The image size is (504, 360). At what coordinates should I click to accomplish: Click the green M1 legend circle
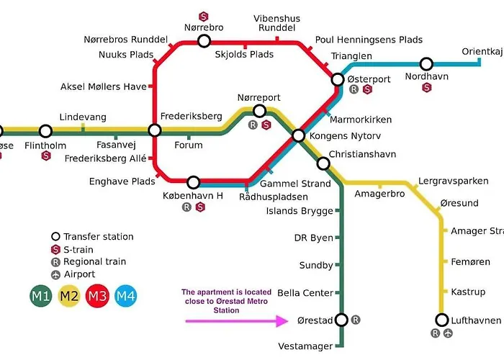(41, 296)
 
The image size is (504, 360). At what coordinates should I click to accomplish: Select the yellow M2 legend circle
(70, 296)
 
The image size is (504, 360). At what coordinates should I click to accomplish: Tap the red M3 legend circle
(98, 296)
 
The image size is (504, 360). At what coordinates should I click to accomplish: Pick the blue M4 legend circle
(126, 296)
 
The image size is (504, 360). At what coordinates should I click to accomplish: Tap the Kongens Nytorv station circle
(298, 135)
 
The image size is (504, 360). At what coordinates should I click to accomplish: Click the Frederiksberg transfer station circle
(154, 130)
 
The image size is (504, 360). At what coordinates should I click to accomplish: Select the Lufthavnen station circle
(442, 320)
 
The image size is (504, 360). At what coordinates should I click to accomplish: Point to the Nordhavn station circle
(427, 64)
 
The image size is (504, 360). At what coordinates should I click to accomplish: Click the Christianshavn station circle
(323, 163)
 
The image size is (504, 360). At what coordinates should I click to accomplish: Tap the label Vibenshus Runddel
(277, 24)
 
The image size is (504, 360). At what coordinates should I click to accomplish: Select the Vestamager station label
(306, 346)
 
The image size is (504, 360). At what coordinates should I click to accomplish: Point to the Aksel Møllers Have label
(103, 87)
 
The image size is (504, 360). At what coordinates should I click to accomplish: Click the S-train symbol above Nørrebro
(204, 15)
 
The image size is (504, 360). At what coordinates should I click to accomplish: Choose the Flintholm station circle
(45, 131)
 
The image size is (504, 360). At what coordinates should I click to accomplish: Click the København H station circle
(193, 182)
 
